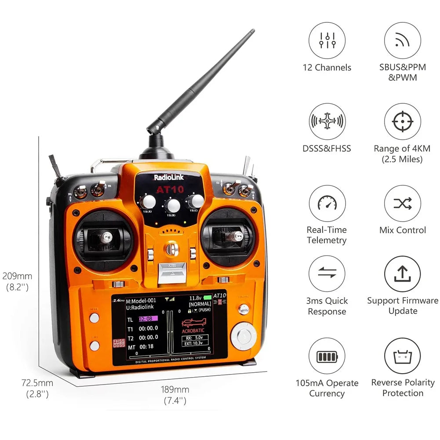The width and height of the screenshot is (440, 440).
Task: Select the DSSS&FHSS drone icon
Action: [327, 122]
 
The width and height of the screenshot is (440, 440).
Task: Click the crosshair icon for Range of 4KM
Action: [403, 122]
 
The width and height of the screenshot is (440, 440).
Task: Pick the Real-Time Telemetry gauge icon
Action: [327, 203]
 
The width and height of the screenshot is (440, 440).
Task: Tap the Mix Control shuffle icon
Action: [403, 203]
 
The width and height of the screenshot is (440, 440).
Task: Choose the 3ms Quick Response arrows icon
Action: [327, 274]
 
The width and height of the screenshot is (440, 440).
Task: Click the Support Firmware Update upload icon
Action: [403, 274]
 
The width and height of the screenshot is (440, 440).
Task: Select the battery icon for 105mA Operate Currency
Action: [327, 356]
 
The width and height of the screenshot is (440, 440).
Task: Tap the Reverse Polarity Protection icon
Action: [403, 356]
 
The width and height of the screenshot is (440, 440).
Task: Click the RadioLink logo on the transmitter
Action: [169, 178]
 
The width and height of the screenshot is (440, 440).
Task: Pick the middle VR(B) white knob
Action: [173, 205]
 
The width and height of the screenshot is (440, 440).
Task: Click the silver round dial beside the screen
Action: [244, 336]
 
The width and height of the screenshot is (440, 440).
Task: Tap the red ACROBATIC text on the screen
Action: [193, 330]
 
